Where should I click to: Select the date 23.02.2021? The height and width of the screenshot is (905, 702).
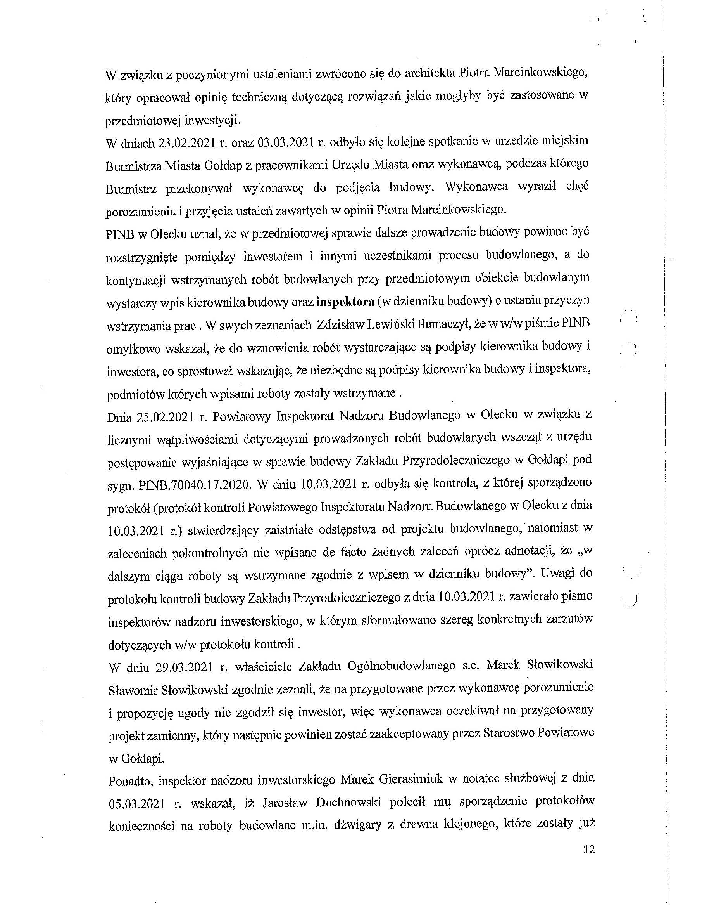coord(186,142)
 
